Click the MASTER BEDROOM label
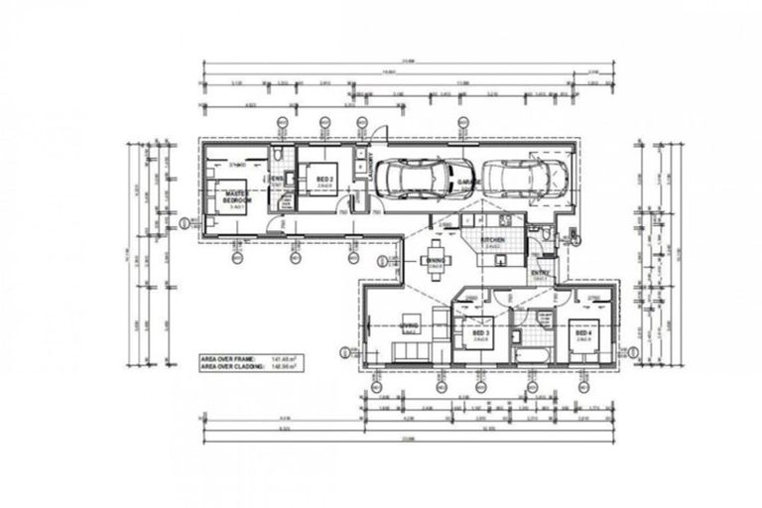point(236,196)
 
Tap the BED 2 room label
point(322,180)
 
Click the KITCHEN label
point(493,240)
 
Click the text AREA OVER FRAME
point(228,356)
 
